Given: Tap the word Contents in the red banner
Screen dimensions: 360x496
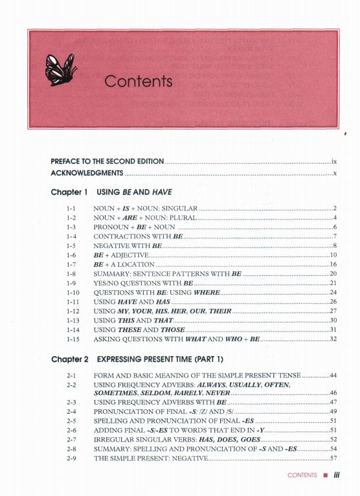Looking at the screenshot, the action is click(138, 82).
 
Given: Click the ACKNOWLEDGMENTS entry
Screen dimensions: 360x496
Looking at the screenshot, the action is click(87, 174).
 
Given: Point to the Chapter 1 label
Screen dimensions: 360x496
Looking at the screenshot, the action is click(69, 192).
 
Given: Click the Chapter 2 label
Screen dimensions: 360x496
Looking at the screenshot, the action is click(69, 358).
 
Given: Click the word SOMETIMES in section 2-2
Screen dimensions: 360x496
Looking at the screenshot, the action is click(117, 393).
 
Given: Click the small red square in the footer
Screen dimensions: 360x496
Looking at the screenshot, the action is click(324, 475).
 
